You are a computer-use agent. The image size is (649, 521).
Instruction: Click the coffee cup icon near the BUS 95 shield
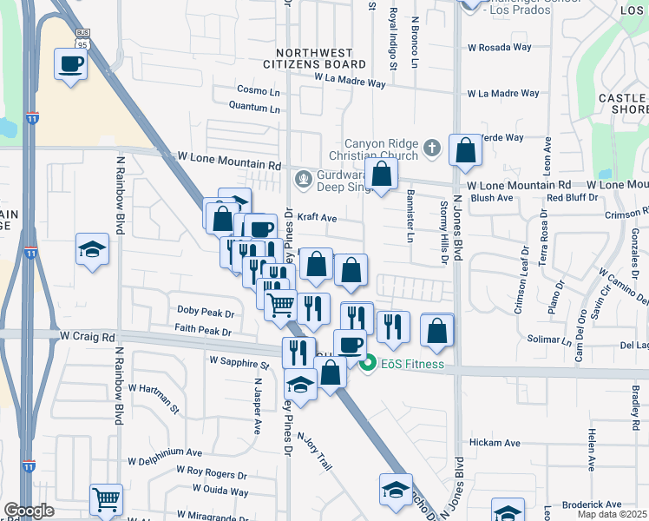tap(70, 63)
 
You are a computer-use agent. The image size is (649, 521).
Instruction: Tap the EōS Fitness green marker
tap(368, 364)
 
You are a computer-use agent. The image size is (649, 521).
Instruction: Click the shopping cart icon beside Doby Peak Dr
tap(280, 305)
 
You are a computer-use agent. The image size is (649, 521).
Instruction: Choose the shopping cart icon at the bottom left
tap(106, 498)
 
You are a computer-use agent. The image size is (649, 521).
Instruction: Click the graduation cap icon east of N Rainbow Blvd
tap(92, 250)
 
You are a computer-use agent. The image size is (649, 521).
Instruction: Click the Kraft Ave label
tap(317, 219)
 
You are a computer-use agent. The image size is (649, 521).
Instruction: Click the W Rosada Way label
tap(498, 47)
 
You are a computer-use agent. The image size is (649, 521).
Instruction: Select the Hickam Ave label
tap(495, 443)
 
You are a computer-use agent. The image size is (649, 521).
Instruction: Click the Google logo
tap(29, 511)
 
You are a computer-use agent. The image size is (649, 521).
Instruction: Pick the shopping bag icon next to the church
tap(466, 149)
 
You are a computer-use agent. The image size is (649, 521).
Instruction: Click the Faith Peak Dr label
tap(203, 332)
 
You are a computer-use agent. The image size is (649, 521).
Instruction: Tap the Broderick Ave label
tap(592, 504)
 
